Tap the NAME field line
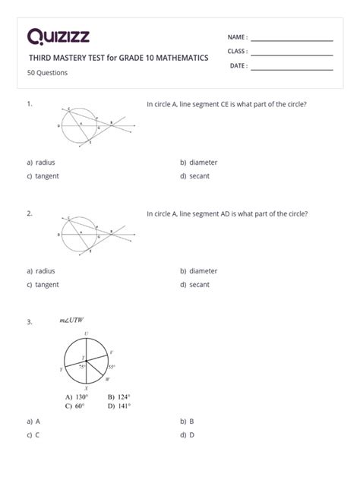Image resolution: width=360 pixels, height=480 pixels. pos(292,40)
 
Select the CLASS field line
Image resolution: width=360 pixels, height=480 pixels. pos(292,55)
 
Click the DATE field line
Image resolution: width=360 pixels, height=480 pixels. pos(292,69)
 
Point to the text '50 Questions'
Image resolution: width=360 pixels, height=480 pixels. pos(47,73)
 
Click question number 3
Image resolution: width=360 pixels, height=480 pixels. pos(29,322)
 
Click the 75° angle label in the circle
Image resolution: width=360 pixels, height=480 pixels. pos(81,366)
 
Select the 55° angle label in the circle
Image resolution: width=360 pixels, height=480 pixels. pos(110,367)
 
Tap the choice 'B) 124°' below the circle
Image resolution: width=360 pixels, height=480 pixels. pos(119,396)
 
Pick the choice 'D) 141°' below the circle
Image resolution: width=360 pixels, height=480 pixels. pos(119,406)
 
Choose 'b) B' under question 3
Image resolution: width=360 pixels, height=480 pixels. pos(187,420)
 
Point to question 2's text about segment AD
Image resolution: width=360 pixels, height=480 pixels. pos(226,214)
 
